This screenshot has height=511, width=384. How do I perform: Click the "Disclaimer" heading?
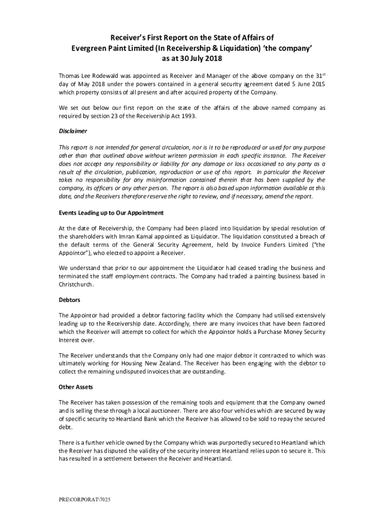(x=73, y=131)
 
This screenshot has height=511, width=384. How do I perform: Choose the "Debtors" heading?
(x=70, y=300)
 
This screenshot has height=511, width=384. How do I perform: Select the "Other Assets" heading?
(x=76, y=387)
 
